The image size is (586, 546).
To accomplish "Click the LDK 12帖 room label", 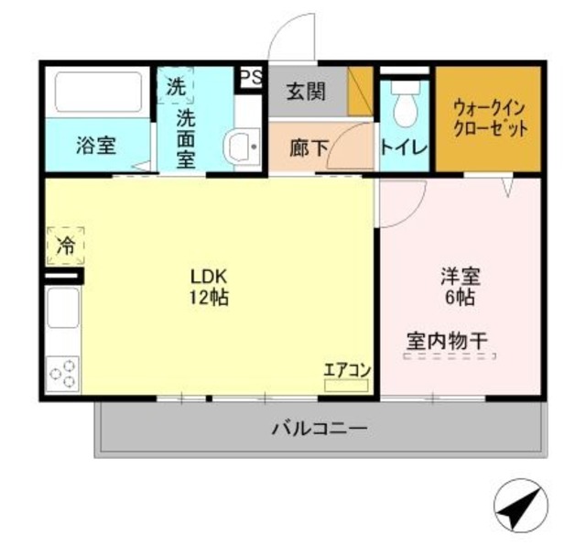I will (x=209, y=286).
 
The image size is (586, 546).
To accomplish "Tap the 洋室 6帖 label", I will (x=461, y=286).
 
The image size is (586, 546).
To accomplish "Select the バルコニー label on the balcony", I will (x=320, y=428).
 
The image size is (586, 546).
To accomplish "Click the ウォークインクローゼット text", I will (x=490, y=118).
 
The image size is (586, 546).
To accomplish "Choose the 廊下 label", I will (x=308, y=147).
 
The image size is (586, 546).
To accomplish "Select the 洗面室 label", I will (x=185, y=137).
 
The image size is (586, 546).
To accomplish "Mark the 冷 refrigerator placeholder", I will (x=65, y=245).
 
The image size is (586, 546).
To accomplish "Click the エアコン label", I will (x=346, y=370).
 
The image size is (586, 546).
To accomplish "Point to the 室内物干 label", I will (x=446, y=342).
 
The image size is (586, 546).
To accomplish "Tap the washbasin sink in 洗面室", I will (x=242, y=147).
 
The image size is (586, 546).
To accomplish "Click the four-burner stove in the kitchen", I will (x=62, y=374).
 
